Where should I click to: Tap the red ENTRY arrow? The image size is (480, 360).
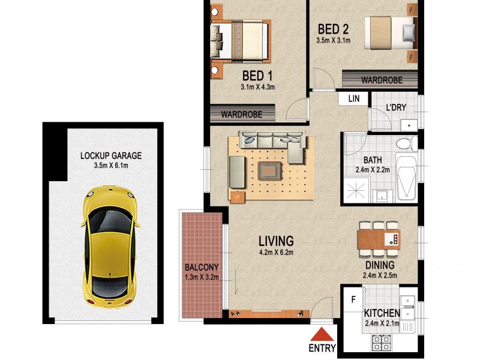click(323, 335)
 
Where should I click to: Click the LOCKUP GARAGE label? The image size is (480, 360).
click(111, 155)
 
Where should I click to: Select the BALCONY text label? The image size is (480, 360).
click(201, 267)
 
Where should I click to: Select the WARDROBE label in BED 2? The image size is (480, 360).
click(380, 80)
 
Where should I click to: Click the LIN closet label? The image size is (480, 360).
click(353, 98)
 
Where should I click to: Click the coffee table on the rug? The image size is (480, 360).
click(269, 172)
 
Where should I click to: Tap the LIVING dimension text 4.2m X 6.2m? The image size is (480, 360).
click(276, 253)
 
